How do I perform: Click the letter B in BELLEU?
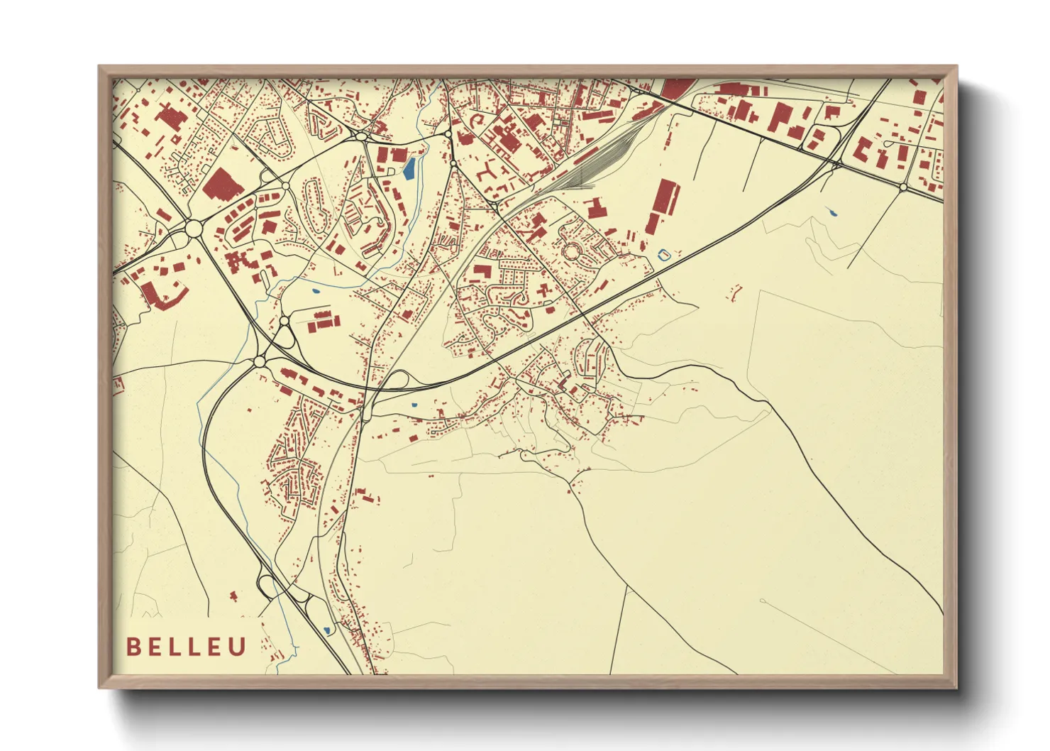pos(133,647)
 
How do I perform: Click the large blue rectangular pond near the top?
pos(409,168)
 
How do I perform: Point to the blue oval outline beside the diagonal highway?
pos(665,253)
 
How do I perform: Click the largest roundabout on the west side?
pos(193,229)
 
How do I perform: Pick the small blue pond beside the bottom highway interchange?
pos(327,630)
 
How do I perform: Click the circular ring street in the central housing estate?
pos(571,251)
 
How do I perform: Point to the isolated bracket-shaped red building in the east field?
pos(736,290)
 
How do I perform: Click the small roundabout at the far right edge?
pos(903,187)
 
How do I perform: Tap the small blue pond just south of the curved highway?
pos(414,405)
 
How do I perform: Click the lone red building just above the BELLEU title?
pos(234,596)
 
